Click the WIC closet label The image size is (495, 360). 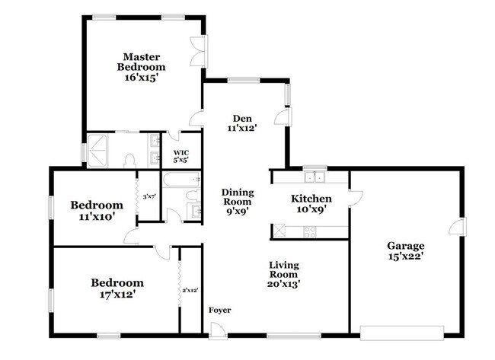point(180,152)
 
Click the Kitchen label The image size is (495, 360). point(311,199)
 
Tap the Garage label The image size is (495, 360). point(405,246)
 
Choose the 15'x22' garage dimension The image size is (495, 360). point(405,258)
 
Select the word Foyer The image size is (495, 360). point(220,310)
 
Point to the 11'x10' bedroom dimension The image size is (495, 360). point(97,217)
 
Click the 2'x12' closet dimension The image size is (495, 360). point(190,290)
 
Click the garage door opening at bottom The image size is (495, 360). point(401,331)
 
